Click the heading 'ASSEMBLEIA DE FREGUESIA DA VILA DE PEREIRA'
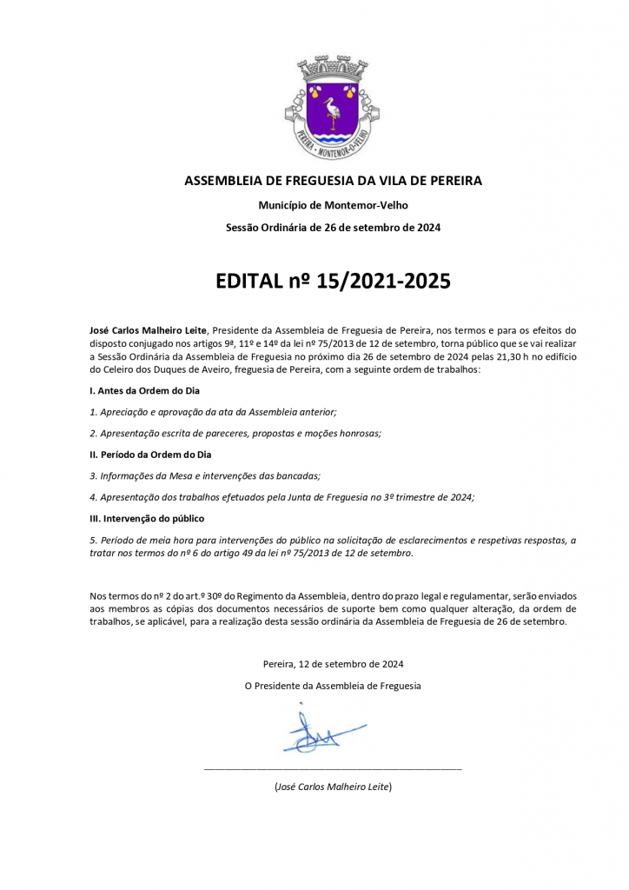[333, 181]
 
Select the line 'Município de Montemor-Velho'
[333, 205]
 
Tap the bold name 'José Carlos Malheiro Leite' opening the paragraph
[149, 330]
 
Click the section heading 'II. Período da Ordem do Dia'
[150, 455]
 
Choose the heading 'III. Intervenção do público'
[147, 518]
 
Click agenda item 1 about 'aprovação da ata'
[213, 412]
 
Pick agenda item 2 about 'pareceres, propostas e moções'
[235, 433]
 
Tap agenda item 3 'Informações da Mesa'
[205, 475]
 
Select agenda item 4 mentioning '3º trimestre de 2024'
[282, 496]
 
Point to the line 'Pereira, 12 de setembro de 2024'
[333, 664]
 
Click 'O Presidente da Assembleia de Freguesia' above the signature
[333, 686]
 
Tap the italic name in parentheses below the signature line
[333, 787]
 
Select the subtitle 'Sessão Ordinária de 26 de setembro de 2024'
[333, 228]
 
